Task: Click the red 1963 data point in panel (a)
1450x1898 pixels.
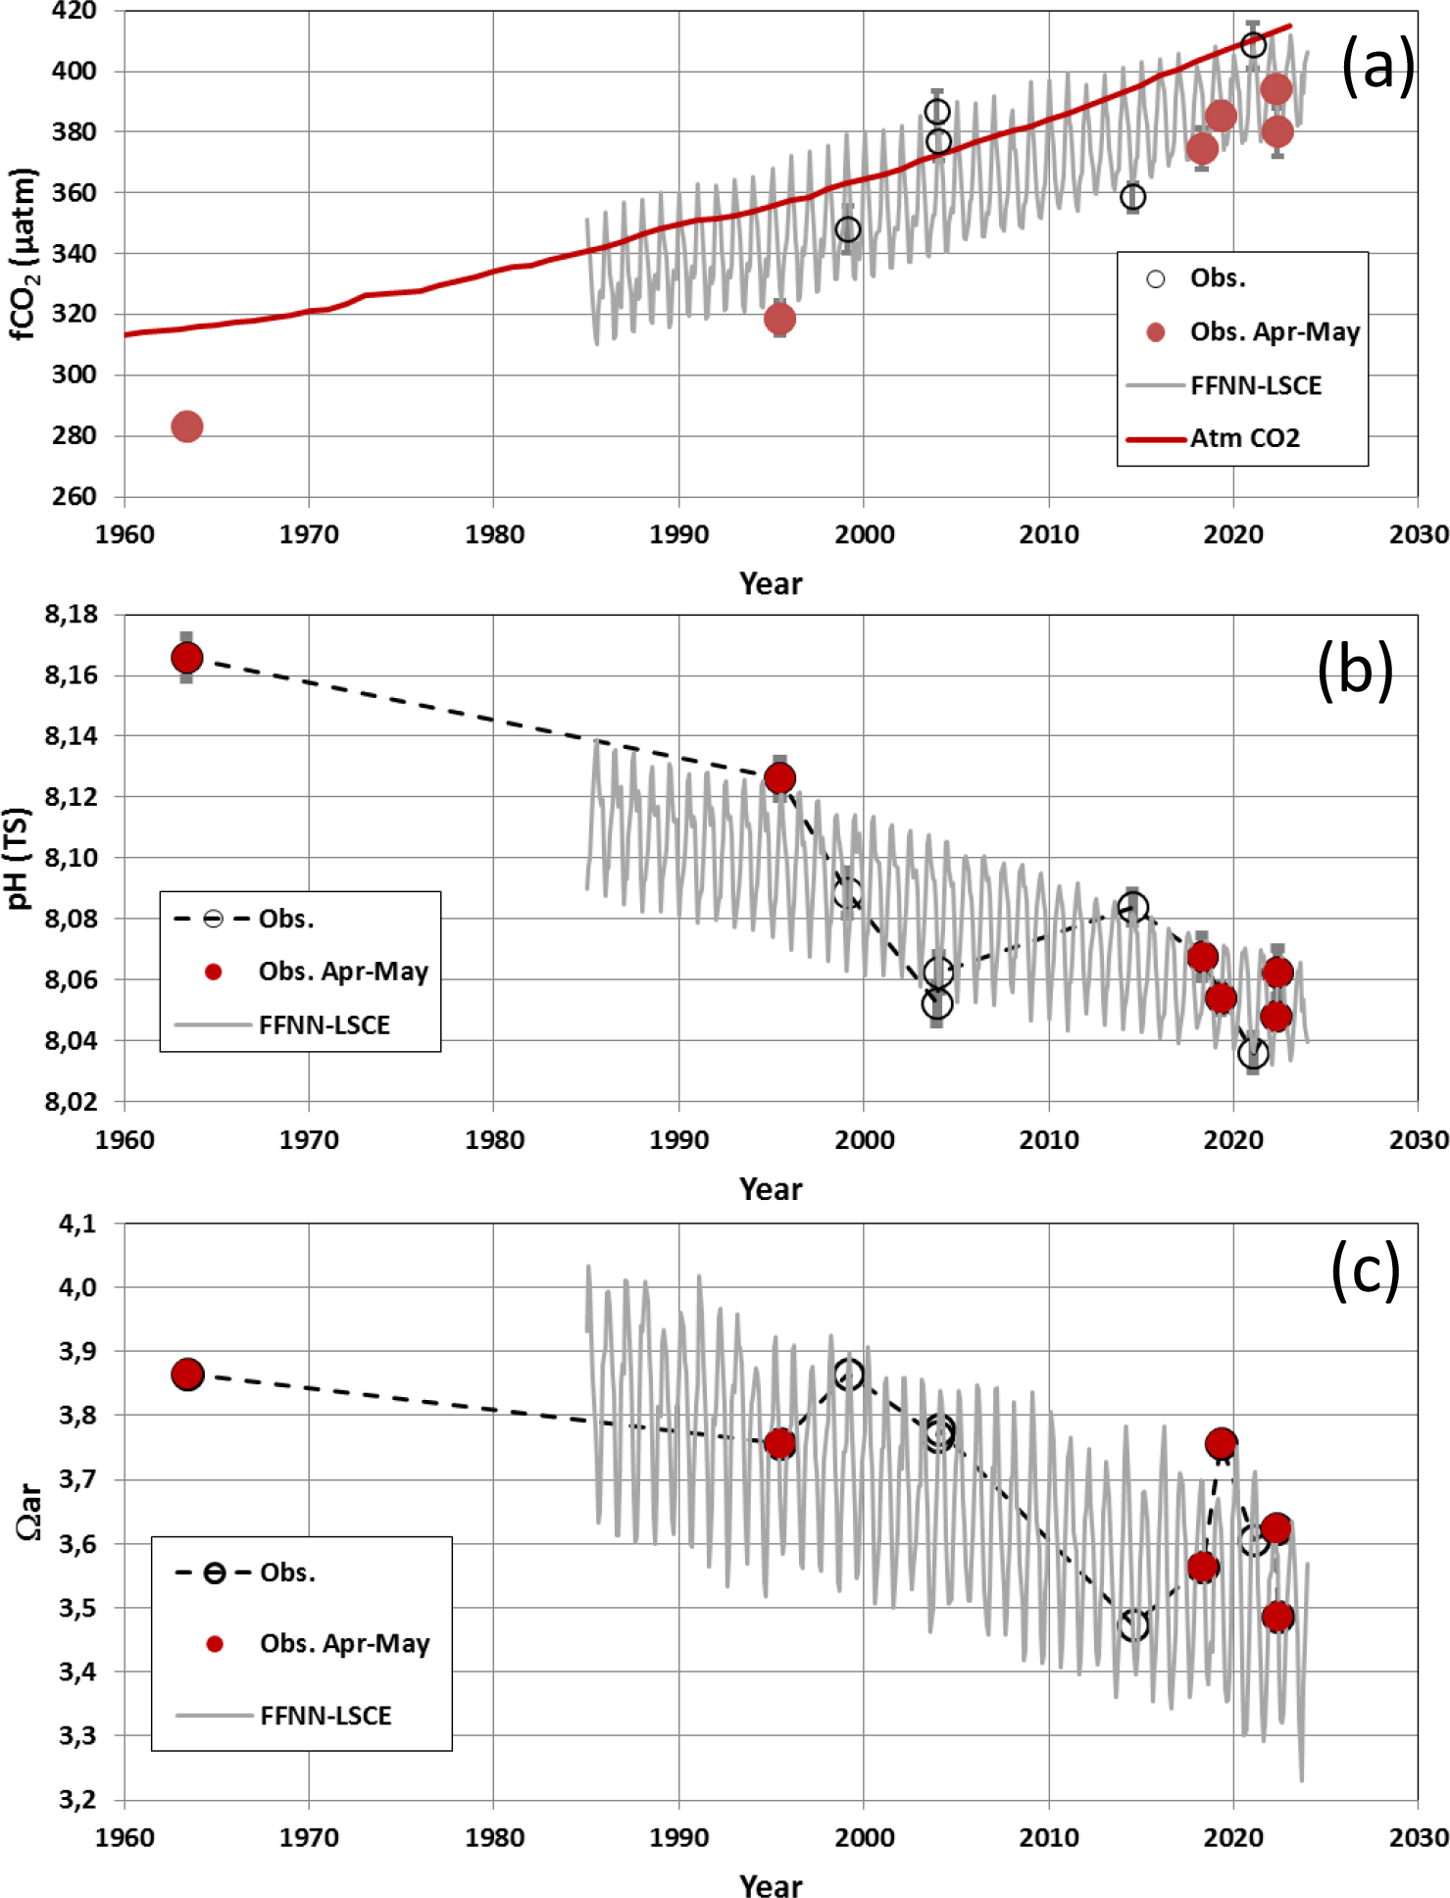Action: pyautogui.click(x=186, y=426)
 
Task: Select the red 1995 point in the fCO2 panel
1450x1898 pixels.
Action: pyautogui.click(x=779, y=319)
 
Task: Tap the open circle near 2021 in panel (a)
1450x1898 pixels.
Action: pyautogui.click(x=1252, y=45)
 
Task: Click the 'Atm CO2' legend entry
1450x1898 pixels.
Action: pyautogui.click(x=1244, y=438)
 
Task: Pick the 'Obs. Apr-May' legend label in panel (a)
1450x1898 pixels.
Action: pyautogui.click(x=1275, y=332)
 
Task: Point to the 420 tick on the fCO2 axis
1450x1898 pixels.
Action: pyautogui.click(x=75, y=12)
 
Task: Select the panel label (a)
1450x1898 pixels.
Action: pyautogui.click(x=1376, y=67)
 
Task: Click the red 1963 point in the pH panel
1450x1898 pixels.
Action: pyautogui.click(x=186, y=657)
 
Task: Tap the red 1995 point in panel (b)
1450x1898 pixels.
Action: pyautogui.click(x=779, y=778)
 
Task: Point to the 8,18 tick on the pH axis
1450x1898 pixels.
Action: pyautogui.click(x=72, y=615)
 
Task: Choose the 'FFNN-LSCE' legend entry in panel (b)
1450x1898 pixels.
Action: pyautogui.click(x=324, y=1025)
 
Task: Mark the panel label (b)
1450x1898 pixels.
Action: pyautogui.click(x=1354, y=671)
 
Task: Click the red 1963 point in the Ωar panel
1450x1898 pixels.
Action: pyautogui.click(x=186, y=1374)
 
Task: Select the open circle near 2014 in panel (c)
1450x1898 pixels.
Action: pyautogui.click(x=1133, y=1625)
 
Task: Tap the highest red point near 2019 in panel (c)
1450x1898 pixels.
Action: pyautogui.click(x=1221, y=1444)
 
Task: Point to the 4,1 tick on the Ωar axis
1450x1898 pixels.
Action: pyautogui.click(x=77, y=1224)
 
